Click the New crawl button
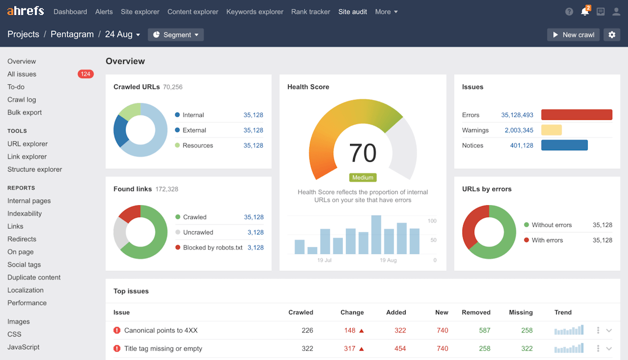pos(573,35)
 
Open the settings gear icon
pos(612,35)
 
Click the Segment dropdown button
pos(176,35)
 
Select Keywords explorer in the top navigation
pos(254,12)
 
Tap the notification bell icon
pos(585,12)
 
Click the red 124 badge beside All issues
pos(85,74)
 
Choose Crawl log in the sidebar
pos(21,99)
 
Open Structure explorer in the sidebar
pos(35,169)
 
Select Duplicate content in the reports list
pos(34,277)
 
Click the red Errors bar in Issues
pos(576,115)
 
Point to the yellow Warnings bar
pos(551,130)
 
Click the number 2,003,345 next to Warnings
pos(519,130)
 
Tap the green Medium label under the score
pos(363,177)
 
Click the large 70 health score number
pos(363,153)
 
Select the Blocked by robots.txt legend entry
pos(212,248)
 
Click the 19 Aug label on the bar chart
pos(388,260)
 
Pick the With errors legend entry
pos(547,240)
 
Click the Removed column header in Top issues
pos(476,312)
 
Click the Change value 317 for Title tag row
pos(350,348)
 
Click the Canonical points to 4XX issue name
pos(161,330)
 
